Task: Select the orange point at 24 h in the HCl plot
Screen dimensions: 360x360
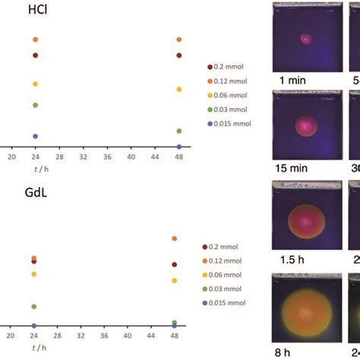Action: [35, 39]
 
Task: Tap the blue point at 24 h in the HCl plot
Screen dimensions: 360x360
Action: [35, 136]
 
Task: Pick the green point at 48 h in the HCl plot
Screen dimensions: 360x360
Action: [179, 131]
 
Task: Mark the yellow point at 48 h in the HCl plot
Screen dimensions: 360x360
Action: [179, 90]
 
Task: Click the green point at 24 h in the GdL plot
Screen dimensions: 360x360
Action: [34, 307]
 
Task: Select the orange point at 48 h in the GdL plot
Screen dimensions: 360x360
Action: [175, 238]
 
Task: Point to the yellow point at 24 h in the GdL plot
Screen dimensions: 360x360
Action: [34, 274]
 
